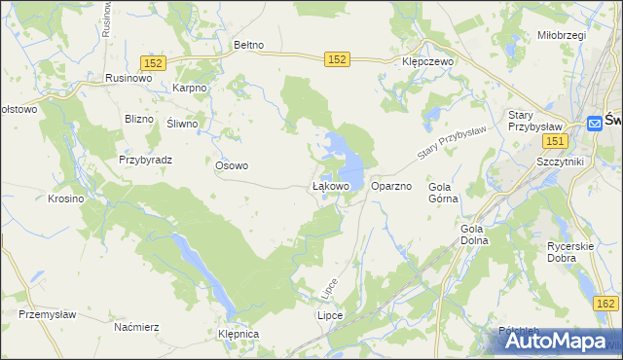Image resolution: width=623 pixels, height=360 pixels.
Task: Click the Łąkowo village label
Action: (x=330, y=185)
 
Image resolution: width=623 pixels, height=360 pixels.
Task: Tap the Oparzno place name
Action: (x=391, y=185)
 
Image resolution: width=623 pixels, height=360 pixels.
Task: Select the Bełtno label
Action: (x=250, y=45)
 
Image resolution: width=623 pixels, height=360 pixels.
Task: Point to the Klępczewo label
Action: (x=429, y=60)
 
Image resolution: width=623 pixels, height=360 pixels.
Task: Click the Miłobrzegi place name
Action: (x=561, y=35)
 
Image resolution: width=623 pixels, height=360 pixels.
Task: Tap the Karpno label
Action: (x=191, y=88)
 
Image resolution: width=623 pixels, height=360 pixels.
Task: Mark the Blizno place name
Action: (x=140, y=119)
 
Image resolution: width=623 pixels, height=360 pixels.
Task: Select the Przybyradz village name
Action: (x=145, y=160)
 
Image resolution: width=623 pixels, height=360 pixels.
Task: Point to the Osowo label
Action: (x=232, y=165)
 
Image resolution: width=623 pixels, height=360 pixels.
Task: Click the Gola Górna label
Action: (x=442, y=192)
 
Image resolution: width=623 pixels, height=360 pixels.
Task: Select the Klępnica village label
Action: (x=239, y=334)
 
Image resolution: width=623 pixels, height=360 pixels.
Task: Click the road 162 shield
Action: (x=605, y=305)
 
